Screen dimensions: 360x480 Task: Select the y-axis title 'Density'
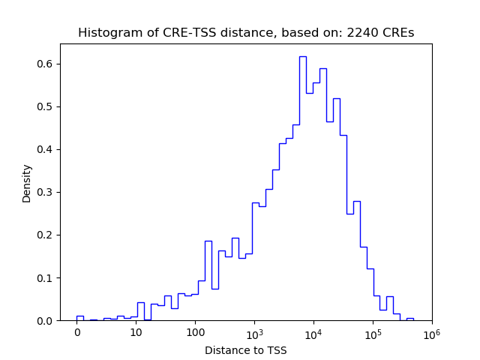click(27, 183)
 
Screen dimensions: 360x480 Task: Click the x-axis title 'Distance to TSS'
click(246, 349)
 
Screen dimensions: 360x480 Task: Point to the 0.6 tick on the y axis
click(46, 64)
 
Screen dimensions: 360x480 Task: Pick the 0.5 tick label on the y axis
click(46, 106)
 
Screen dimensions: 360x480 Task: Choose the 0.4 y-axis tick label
click(46, 149)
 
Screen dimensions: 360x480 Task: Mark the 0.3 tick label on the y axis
click(46, 192)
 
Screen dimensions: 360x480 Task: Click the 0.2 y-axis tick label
click(46, 235)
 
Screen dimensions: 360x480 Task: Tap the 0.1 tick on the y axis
click(46, 277)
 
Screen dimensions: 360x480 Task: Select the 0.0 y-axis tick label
click(46, 320)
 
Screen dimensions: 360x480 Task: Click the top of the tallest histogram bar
click(302, 56)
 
